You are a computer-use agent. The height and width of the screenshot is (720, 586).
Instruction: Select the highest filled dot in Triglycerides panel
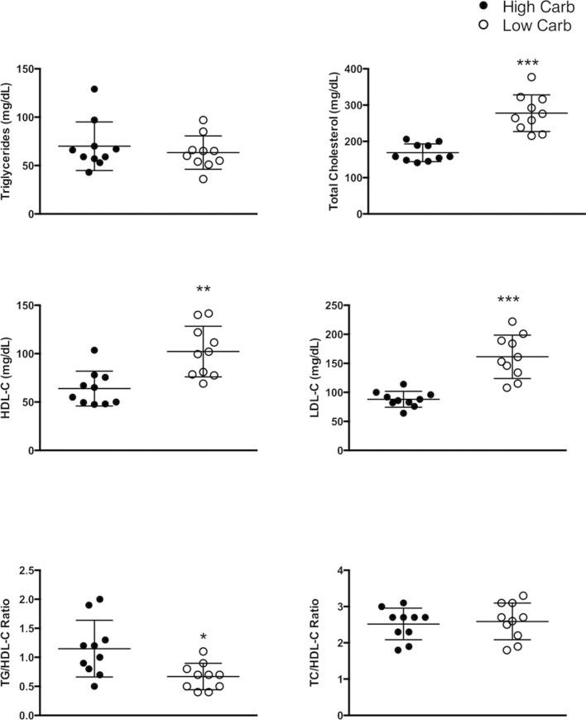pos(94,89)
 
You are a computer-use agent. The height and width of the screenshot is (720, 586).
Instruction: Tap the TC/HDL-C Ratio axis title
pos(334,642)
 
